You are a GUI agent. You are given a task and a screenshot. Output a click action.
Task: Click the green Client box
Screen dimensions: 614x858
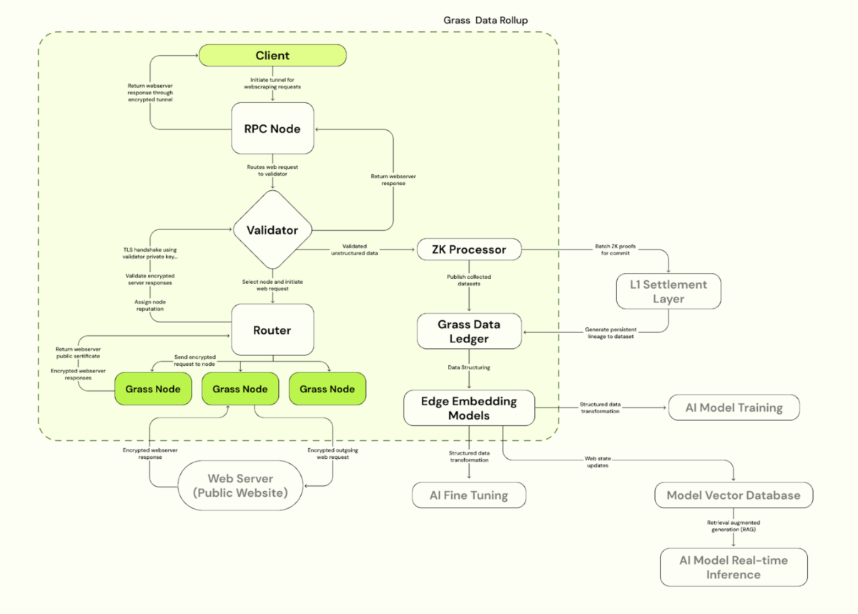[x=272, y=56]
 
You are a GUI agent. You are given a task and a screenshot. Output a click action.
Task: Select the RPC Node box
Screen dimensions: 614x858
[x=272, y=129]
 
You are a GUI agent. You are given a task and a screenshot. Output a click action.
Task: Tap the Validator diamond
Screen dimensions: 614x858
[x=272, y=230]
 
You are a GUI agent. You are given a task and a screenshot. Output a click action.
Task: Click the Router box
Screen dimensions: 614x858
[x=272, y=330]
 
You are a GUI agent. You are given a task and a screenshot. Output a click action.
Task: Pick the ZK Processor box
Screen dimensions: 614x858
[x=468, y=249]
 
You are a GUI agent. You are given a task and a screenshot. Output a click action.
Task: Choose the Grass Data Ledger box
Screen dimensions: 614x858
[x=469, y=331]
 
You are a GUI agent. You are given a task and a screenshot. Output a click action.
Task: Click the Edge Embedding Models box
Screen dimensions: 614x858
[x=469, y=407]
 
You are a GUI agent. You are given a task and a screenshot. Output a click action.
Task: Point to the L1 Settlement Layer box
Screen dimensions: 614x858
[x=669, y=292]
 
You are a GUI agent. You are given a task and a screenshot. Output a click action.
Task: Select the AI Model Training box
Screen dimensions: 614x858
[x=734, y=408]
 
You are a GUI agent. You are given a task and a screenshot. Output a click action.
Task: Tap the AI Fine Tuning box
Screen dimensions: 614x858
[x=469, y=495]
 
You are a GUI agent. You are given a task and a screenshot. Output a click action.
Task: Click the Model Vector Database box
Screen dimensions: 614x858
[x=734, y=495]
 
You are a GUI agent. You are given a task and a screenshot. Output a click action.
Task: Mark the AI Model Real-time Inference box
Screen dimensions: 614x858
[x=734, y=567]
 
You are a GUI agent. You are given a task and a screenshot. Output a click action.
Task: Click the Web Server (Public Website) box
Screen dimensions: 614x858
[x=240, y=485]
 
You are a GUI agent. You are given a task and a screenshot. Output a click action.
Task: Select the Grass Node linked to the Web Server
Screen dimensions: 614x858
[x=240, y=389]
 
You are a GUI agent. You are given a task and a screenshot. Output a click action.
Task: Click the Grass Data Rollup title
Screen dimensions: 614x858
[x=485, y=20]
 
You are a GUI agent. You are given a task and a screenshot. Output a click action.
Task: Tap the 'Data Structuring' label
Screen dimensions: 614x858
[x=469, y=367]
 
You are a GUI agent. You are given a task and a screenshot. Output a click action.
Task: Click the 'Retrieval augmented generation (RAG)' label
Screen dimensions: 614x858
[x=734, y=526]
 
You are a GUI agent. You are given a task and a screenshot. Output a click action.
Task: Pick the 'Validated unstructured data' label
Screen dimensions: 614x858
[x=355, y=249]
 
